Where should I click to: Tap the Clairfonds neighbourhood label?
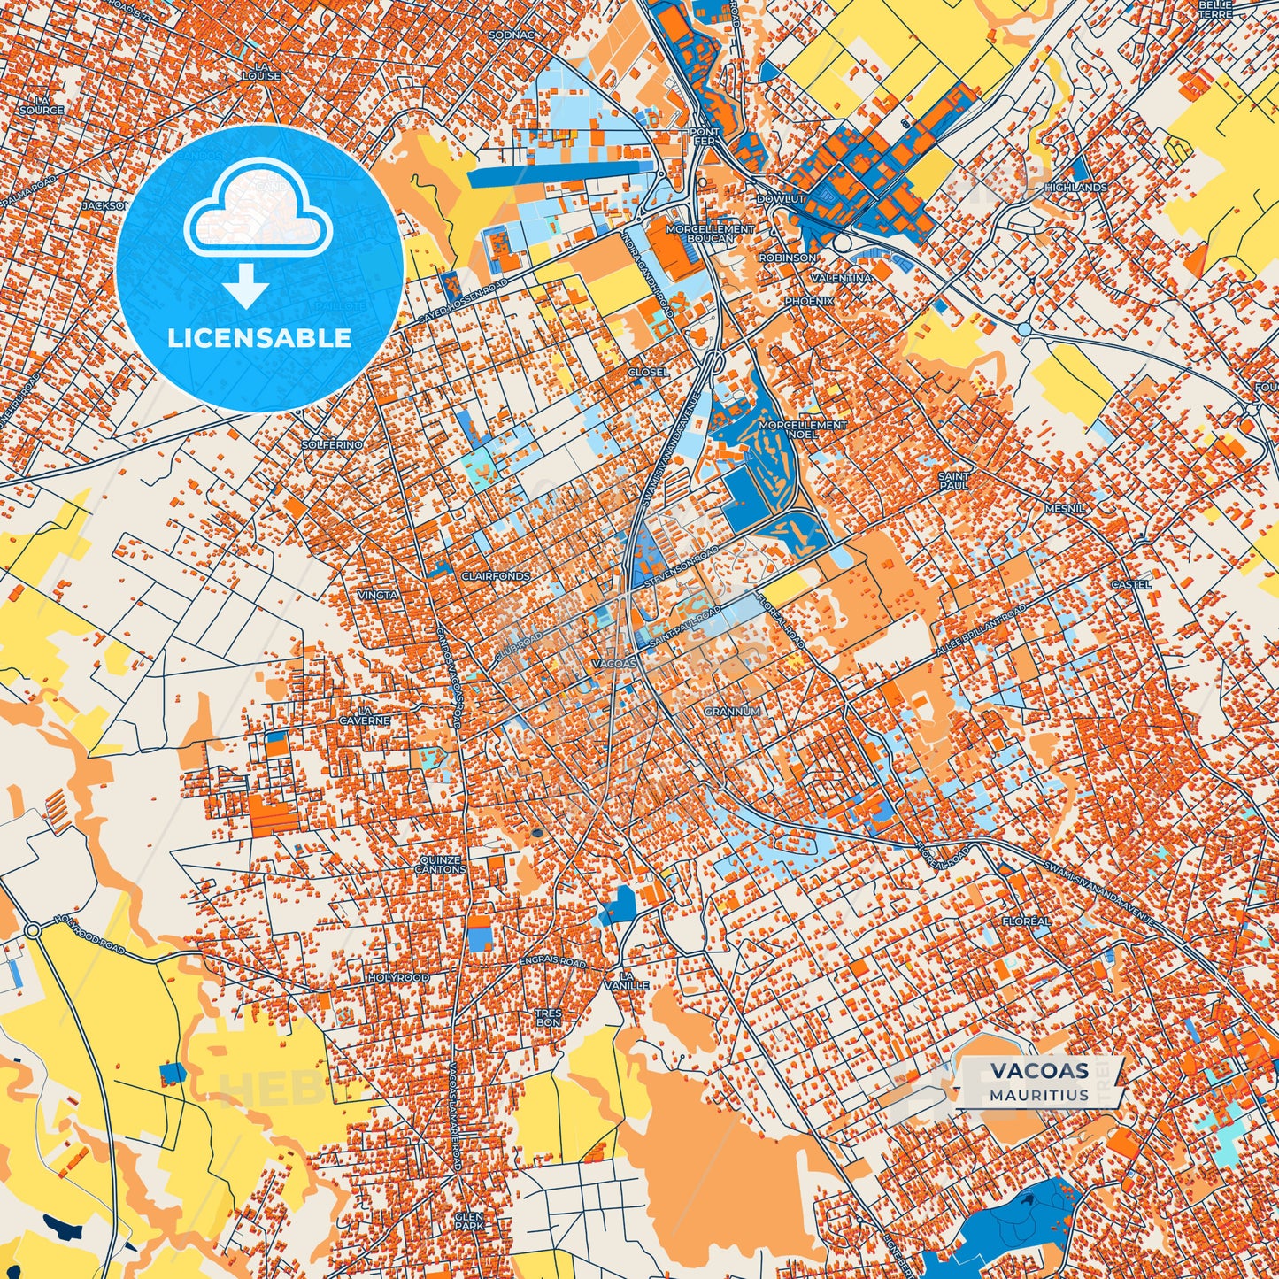tap(496, 576)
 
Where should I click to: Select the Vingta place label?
tap(378, 595)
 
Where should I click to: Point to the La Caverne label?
tap(364, 715)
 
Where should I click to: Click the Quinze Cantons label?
tap(441, 864)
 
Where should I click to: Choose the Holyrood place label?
tap(398, 978)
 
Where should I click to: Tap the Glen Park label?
tap(469, 1221)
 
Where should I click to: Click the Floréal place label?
tap(1026, 921)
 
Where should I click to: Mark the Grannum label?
tap(732, 712)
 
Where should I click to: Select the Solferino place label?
tap(332, 444)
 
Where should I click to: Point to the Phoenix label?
tap(809, 302)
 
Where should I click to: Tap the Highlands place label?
tap(1075, 188)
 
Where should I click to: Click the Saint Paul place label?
tap(954, 481)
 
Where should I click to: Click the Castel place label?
tap(1131, 585)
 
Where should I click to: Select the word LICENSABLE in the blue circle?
tap(259, 338)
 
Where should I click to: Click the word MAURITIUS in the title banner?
tap(1039, 1094)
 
